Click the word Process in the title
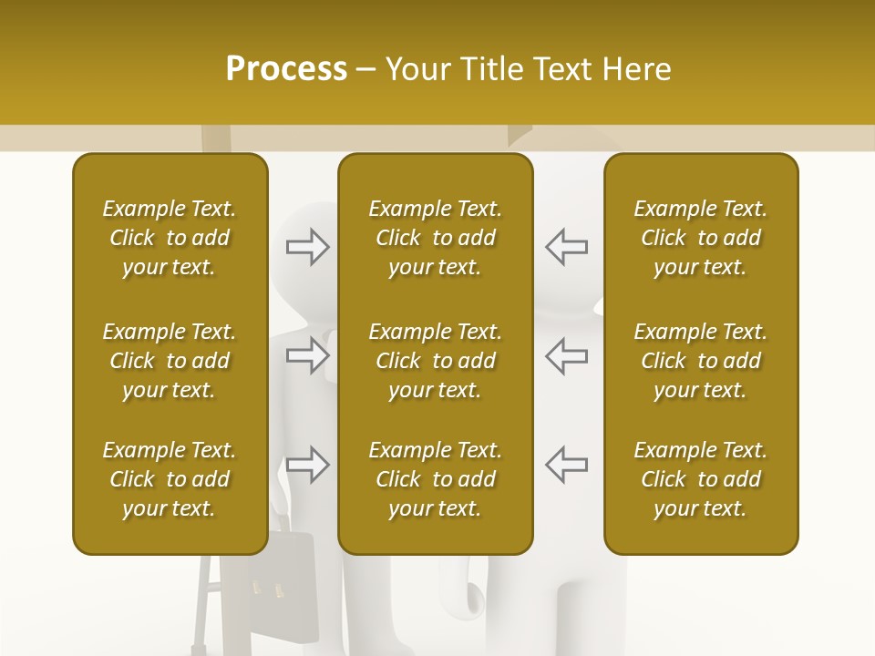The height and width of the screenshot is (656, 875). (x=286, y=69)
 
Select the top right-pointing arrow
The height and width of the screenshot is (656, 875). (x=308, y=247)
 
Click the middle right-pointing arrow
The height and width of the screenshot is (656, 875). (x=308, y=355)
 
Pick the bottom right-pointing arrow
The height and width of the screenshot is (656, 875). (x=308, y=465)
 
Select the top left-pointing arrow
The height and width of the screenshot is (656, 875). (x=566, y=247)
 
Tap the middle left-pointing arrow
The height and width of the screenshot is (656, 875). (x=566, y=355)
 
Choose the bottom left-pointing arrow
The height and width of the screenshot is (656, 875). (x=566, y=465)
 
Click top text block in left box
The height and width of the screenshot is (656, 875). (x=170, y=238)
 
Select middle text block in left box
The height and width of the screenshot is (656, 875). (x=170, y=361)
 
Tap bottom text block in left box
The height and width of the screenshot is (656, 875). (x=170, y=479)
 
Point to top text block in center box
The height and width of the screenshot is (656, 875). (x=435, y=238)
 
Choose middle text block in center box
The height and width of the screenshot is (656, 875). (x=435, y=361)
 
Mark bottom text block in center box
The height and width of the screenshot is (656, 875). (x=435, y=479)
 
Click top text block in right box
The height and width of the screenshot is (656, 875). (x=701, y=238)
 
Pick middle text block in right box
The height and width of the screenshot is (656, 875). (x=701, y=361)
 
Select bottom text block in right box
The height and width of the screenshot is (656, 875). (x=701, y=479)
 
